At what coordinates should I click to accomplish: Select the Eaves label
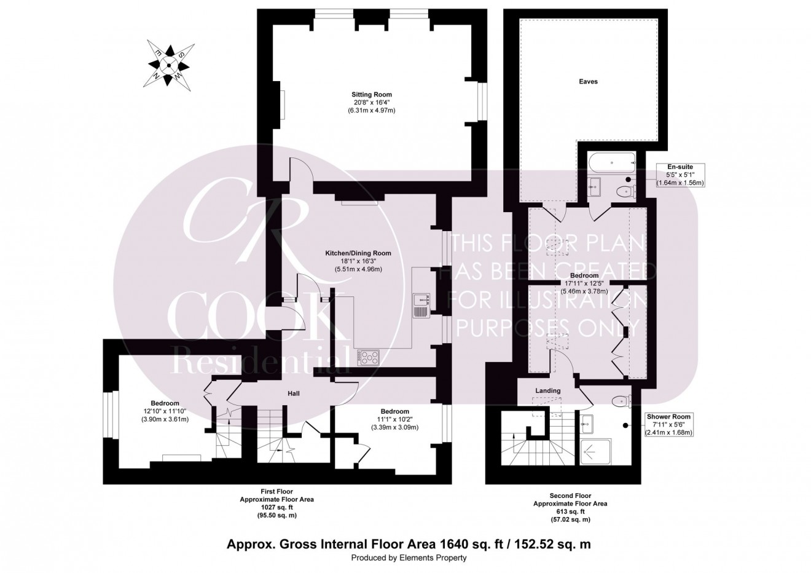(588, 81)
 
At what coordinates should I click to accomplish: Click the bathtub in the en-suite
(612, 164)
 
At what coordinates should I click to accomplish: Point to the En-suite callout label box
(680, 175)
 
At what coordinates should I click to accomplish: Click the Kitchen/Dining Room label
(358, 253)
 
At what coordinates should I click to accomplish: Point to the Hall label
(294, 393)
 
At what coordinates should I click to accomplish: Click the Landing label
(547, 390)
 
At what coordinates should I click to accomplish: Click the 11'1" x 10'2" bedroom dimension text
(394, 419)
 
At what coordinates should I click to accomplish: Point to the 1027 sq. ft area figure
(276, 507)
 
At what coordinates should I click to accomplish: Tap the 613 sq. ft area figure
(570, 512)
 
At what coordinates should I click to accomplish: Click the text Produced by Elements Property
(409, 558)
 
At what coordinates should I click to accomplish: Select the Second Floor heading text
(570, 496)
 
